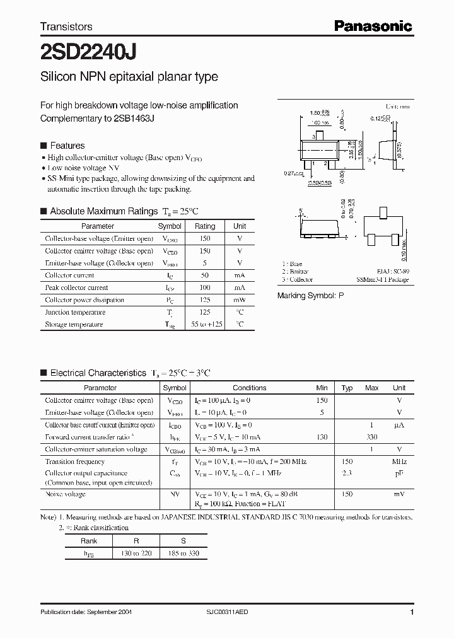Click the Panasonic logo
point(373,26)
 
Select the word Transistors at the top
point(66,26)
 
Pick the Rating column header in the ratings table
point(205,226)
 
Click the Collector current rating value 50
point(205,275)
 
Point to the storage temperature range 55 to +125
point(205,325)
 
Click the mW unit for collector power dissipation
point(240,300)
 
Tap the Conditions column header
point(250,388)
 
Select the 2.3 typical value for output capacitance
point(346,473)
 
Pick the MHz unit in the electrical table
point(399,461)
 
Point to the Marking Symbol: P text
point(311,295)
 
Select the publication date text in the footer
point(86,612)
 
